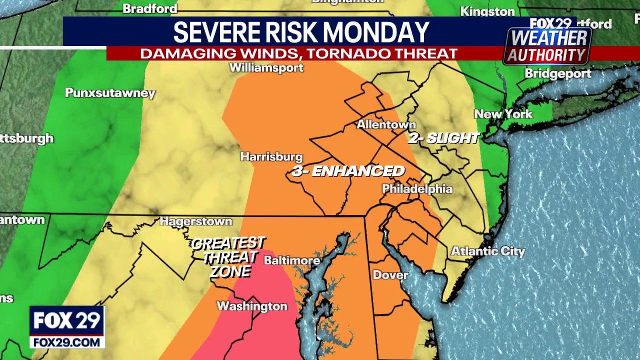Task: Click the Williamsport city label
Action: [x=266, y=67]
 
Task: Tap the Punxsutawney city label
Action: [x=110, y=93]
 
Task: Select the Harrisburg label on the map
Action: [x=271, y=156]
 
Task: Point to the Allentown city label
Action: [x=386, y=124]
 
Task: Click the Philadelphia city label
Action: [x=417, y=189]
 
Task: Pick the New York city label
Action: [x=503, y=114]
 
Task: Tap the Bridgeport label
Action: [x=557, y=73]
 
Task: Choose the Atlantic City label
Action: [x=488, y=251]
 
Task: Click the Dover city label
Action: [x=390, y=274]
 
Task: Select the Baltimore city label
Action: [x=291, y=260]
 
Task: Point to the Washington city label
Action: [x=252, y=306]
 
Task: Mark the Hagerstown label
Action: [x=195, y=221]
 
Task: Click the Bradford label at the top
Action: [x=150, y=8]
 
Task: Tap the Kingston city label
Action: [x=487, y=11]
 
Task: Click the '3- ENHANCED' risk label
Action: [x=348, y=171]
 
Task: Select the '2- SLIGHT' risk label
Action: [x=443, y=138]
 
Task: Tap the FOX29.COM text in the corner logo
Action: [x=66, y=342]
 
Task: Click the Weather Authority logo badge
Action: [x=547, y=45]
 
